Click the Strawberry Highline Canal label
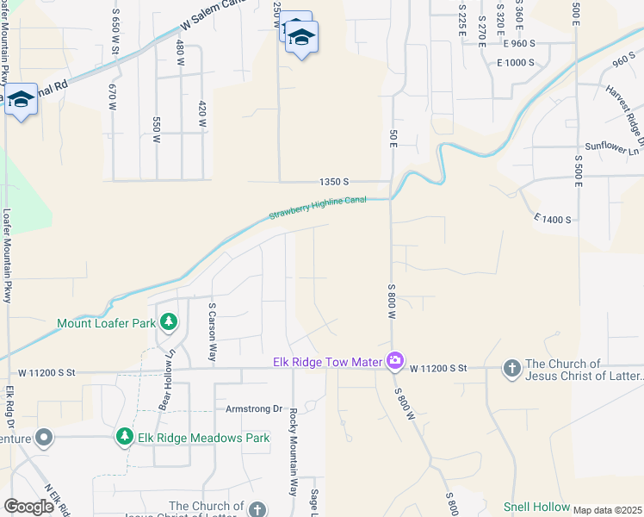tap(318, 208)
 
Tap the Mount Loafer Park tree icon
tap(170, 323)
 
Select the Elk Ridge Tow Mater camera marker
tap(394, 360)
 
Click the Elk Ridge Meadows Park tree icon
tap(124, 437)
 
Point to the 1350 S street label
tap(333, 182)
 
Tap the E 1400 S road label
tap(553, 220)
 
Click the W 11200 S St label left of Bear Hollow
tap(47, 372)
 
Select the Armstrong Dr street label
tap(254, 408)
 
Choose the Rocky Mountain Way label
tap(293, 452)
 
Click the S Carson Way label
tap(211, 331)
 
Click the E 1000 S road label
tap(516, 62)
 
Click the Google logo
tap(29, 507)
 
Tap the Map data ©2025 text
tap(607, 510)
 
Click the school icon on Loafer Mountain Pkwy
tap(20, 100)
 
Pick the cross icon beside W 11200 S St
tap(511, 368)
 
